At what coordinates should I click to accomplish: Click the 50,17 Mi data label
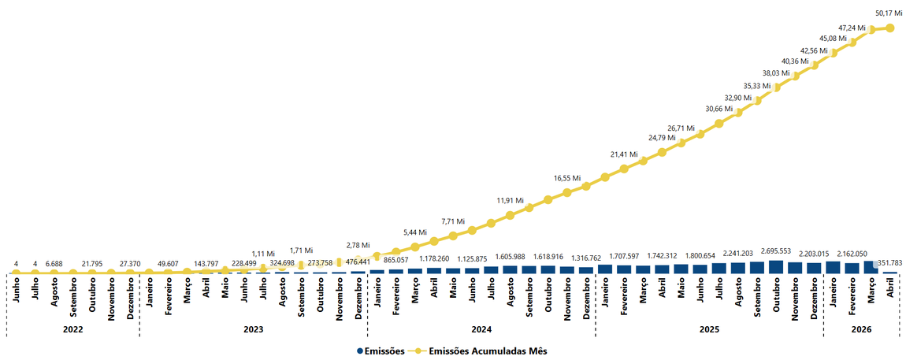point(890,13)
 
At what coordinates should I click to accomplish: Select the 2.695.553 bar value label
point(776,251)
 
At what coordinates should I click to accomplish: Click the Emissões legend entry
point(381,351)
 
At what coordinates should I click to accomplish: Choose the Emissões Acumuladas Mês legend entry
point(482,351)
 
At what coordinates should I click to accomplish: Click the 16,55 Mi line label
point(566,179)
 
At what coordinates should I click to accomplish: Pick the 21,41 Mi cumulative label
point(625,154)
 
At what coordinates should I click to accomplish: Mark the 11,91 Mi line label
point(510,201)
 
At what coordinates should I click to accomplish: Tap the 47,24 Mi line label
point(851,28)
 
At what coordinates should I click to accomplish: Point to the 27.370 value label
point(129,264)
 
